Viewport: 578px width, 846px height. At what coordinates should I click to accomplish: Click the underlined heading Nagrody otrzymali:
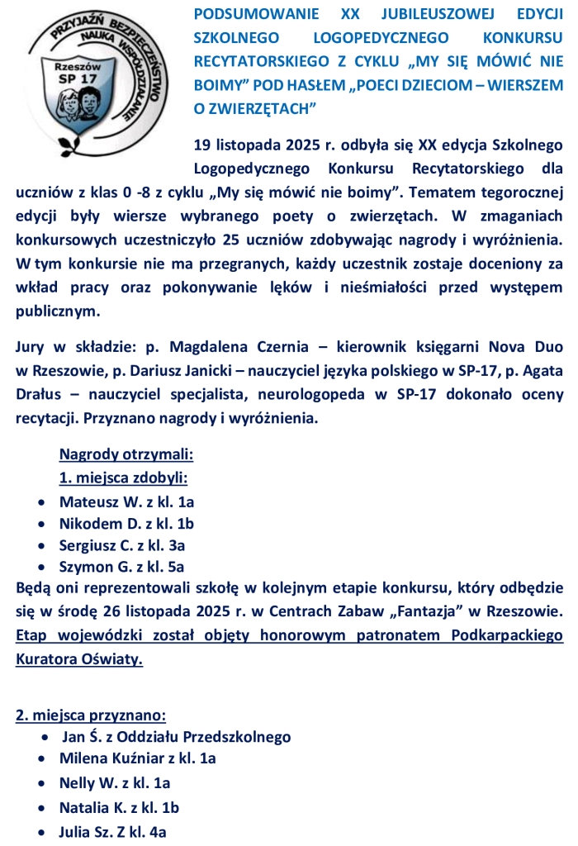coord(126,454)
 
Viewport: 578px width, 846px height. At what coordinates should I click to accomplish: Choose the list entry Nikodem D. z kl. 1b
coord(126,523)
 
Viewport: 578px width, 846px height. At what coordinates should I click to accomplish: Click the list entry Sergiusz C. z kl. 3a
coord(122,545)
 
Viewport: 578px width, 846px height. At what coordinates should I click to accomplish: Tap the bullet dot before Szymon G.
coord(42,568)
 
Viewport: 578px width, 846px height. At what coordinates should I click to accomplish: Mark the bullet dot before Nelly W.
coord(42,782)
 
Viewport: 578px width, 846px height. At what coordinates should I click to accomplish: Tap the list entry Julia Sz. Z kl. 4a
coord(113,832)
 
